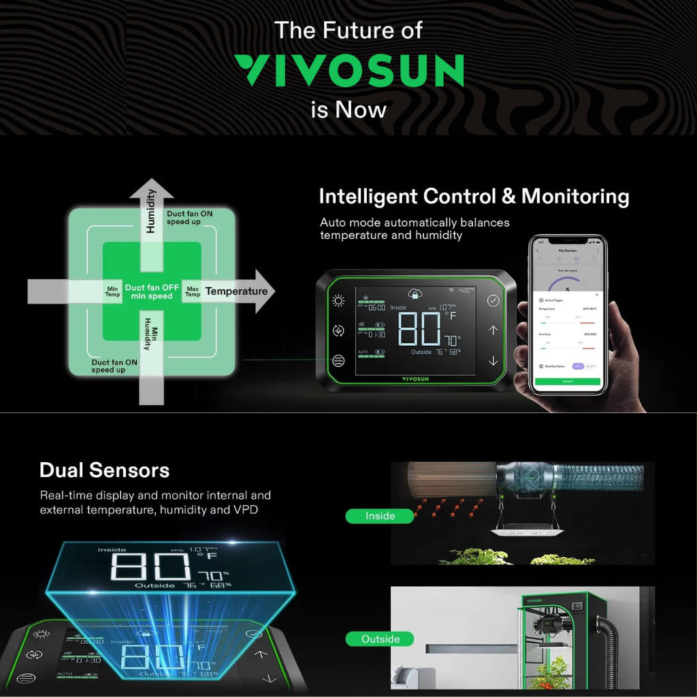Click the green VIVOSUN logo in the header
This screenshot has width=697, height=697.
pyautogui.click(x=348, y=71)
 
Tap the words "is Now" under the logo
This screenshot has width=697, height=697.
pyautogui.click(x=348, y=109)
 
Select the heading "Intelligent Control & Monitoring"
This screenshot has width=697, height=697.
pyautogui.click(x=474, y=197)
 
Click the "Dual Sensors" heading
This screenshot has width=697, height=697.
pyautogui.click(x=104, y=470)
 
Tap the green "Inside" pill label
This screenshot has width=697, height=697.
pyautogui.click(x=380, y=516)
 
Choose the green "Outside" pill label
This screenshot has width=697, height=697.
pyautogui.click(x=380, y=639)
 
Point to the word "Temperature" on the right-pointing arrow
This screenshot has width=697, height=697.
pyautogui.click(x=236, y=291)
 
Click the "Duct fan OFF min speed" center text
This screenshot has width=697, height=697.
pyautogui.click(x=152, y=291)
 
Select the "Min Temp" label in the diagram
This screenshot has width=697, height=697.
pyautogui.click(x=112, y=291)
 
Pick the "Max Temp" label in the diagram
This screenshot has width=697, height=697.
pyautogui.click(x=193, y=291)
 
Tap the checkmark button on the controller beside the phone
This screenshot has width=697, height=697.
pyautogui.click(x=493, y=300)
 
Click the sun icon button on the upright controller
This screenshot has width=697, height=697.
pyautogui.click(x=338, y=301)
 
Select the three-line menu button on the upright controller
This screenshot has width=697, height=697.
pyautogui.click(x=338, y=361)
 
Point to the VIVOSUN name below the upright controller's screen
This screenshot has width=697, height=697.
pyautogui.click(x=415, y=378)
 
